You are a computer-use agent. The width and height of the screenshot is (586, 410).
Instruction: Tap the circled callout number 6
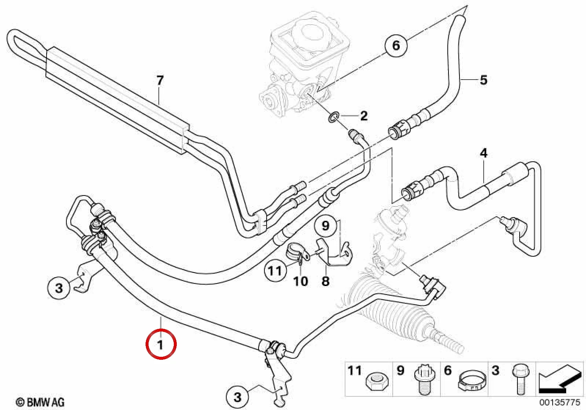click(396, 45)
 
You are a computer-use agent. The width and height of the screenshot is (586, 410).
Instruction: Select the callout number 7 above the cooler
click(160, 80)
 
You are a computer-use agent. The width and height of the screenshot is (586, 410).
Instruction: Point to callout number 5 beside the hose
click(483, 80)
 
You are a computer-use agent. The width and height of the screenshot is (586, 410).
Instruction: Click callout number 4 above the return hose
click(484, 153)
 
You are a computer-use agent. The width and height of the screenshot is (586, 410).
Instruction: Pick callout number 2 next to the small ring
click(363, 116)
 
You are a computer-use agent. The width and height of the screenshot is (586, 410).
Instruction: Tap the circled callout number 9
click(325, 226)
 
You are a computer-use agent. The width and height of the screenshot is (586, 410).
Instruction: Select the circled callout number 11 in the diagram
click(275, 271)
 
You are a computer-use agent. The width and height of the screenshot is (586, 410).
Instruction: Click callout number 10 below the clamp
click(300, 281)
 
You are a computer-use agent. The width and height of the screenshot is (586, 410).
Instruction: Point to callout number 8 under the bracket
click(325, 281)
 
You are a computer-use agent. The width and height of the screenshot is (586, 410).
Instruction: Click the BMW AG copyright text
click(40, 402)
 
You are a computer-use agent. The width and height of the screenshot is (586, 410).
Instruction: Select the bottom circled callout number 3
click(237, 397)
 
